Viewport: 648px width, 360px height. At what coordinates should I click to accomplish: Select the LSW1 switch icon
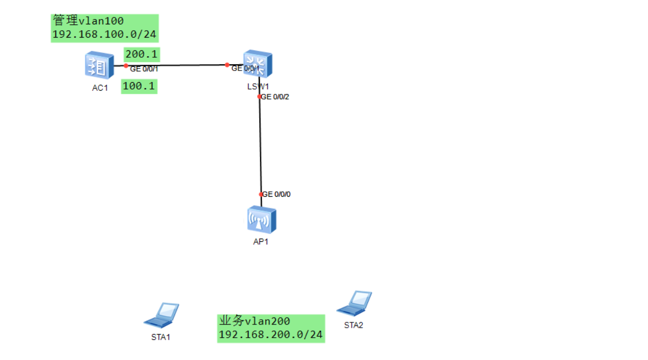click(x=258, y=64)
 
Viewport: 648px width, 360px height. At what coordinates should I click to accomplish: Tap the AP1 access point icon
click(x=261, y=219)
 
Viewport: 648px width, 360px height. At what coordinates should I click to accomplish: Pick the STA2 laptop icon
click(x=354, y=302)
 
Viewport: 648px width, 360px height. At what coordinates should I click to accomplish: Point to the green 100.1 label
click(x=139, y=86)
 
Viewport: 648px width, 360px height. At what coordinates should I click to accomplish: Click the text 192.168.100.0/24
click(x=104, y=35)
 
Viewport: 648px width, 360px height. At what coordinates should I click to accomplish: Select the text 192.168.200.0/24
click(x=270, y=335)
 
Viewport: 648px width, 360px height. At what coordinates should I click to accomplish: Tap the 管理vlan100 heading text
click(x=88, y=21)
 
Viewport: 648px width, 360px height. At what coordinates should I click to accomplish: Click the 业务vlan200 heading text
click(x=255, y=321)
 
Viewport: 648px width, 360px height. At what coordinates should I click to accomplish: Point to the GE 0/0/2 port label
click(x=276, y=97)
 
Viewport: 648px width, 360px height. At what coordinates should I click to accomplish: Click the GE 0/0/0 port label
click(x=277, y=195)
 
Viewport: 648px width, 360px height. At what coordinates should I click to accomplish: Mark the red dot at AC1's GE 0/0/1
click(x=126, y=66)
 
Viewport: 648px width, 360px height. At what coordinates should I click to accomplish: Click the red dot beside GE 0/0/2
click(x=259, y=96)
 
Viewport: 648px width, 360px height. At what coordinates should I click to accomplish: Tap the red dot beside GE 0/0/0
click(x=261, y=194)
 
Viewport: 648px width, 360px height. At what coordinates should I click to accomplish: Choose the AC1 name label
click(x=100, y=88)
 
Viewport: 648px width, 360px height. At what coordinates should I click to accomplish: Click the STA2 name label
click(x=353, y=325)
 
